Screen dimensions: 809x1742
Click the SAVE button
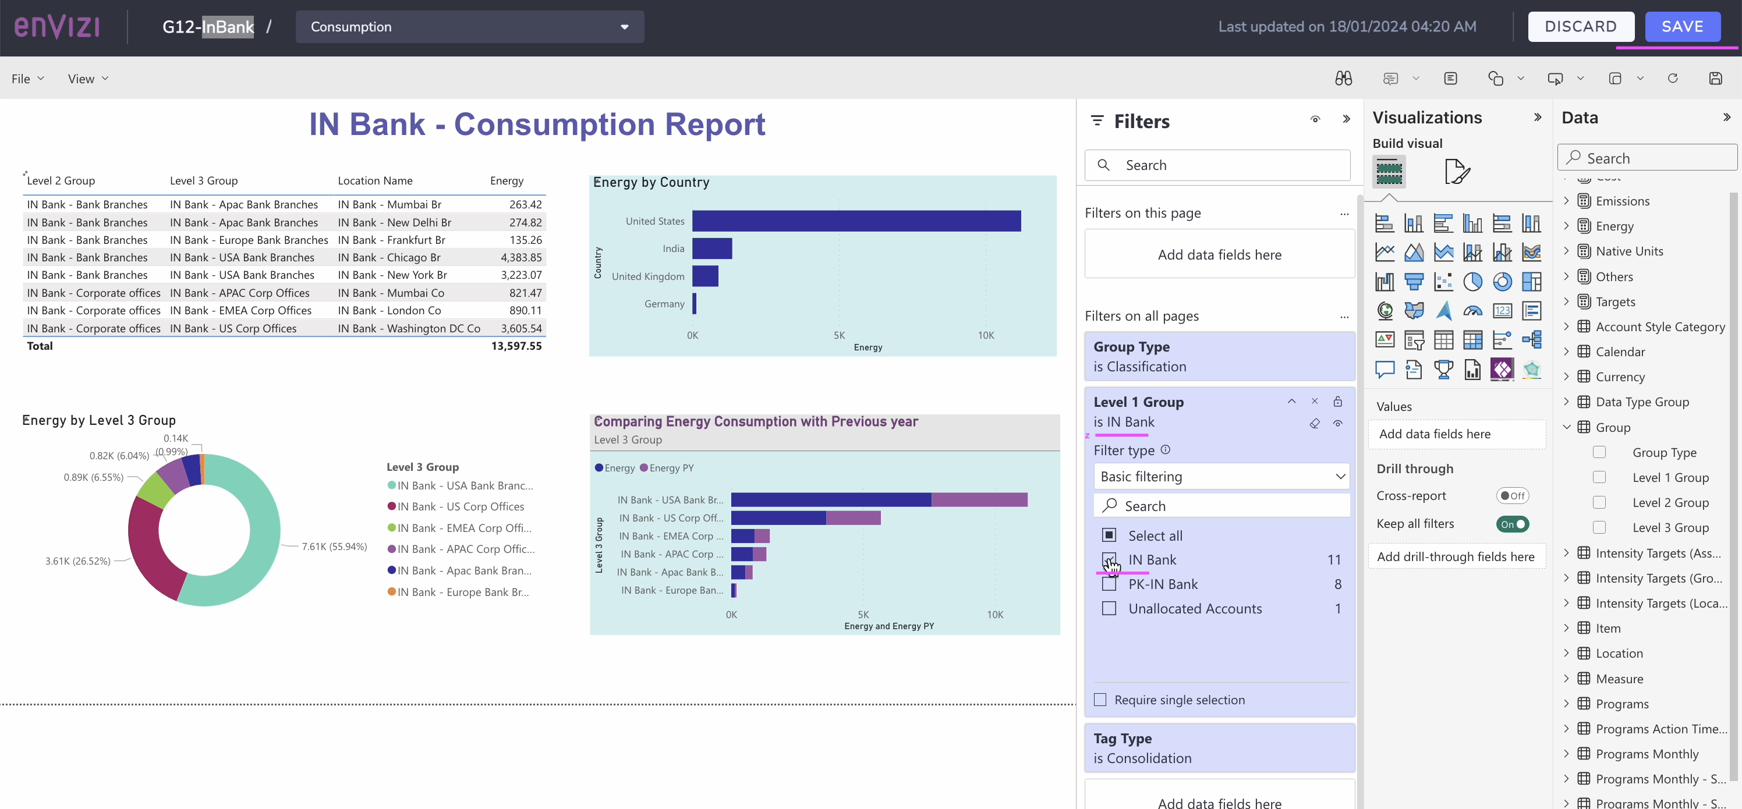[x=1682, y=26]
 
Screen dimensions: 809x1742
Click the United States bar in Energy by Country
[x=855, y=221]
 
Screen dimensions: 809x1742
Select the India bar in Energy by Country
[x=711, y=249]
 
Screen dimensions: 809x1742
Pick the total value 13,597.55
[x=516, y=346]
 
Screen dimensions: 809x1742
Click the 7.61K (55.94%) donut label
[x=334, y=546]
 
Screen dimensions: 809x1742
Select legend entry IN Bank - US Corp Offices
[x=460, y=507]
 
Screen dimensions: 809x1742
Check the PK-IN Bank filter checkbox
[x=1109, y=584]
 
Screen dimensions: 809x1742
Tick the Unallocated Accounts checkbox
[x=1109, y=608]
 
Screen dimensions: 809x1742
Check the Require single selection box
[x=1100, y=700]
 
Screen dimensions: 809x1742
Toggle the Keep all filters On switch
[x=1513, y=524]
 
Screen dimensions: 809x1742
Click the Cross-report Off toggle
[x=1513, y=495]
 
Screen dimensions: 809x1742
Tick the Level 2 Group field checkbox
[x=1599, y=502]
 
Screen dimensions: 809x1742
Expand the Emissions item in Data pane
[x=1566, y=201]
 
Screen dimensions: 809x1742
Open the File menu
[x=27, y=79]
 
